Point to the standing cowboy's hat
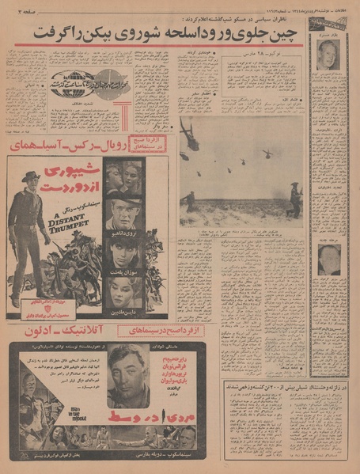tap(30, 176)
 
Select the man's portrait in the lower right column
tap(329, 260)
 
